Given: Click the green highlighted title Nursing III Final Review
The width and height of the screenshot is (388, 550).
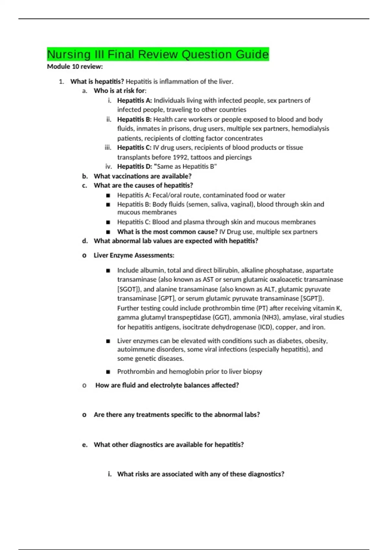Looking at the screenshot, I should pos(158,54).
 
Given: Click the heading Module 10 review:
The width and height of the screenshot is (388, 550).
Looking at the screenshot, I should pos(75,67).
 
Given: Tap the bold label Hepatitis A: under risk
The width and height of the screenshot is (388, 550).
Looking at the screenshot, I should pos(134,101).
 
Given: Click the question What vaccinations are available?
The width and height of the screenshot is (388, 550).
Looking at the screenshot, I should pos(142,176).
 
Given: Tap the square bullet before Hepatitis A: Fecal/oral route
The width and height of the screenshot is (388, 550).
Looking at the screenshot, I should pos(108,195).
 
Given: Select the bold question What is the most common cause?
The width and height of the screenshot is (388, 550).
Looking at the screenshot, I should pos(167,232).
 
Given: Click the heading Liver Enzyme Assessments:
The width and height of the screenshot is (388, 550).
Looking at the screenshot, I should pos(134,255).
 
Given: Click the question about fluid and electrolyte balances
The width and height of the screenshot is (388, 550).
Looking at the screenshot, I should pos(167,385).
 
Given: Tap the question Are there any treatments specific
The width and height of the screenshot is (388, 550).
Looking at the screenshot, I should pos(177,415).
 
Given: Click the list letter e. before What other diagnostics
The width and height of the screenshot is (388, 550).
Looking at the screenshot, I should pos(85,445).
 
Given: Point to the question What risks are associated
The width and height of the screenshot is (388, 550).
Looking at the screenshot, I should pos(200,474).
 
